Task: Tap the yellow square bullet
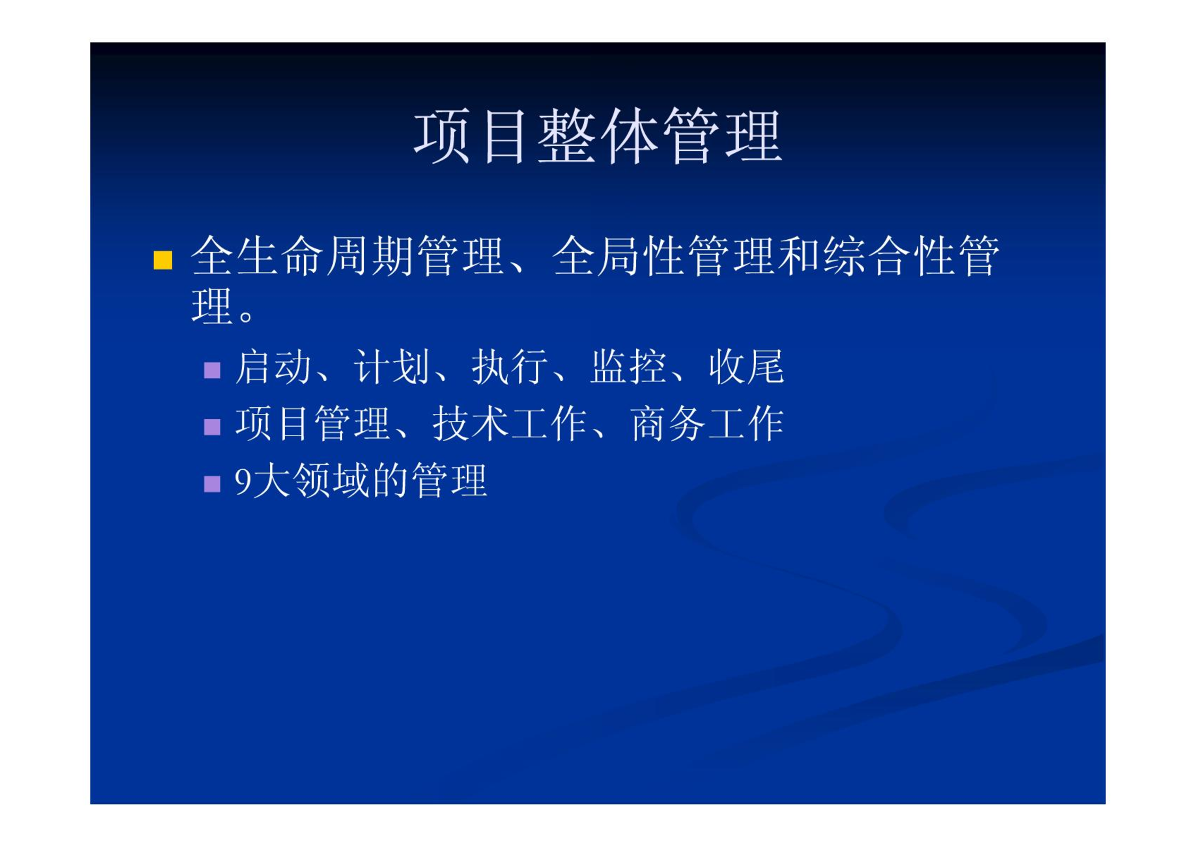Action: click(x=163, y=260)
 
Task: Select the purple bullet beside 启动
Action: click(x=212, y=370)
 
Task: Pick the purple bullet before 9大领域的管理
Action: click(x=212, y=484)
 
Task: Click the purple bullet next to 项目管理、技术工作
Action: click(x=212, y=427)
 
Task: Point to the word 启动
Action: click(x=273, y=367)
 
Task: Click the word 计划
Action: click(x=391, y=367)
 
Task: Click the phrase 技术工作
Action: click(x=509, y=424)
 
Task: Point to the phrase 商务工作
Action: click(x=707, y=424)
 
